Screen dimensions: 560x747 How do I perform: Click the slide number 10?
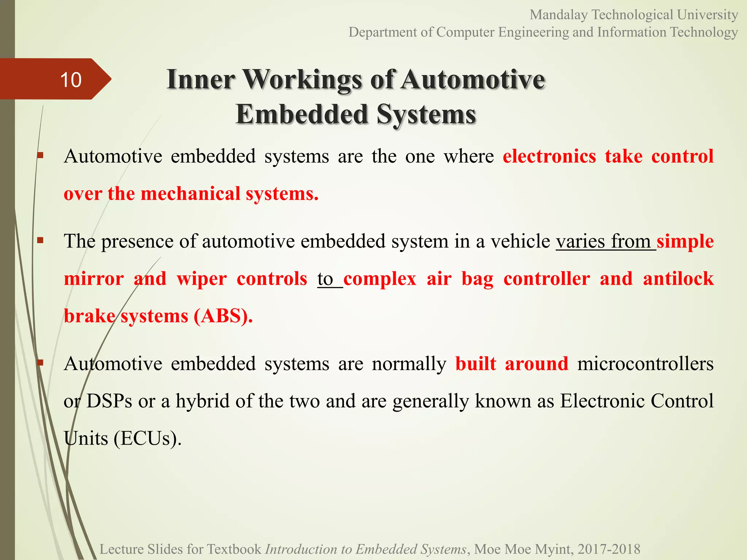coord(71,79)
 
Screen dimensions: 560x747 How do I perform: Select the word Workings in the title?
coord(302,79)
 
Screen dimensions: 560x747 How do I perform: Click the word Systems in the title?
coord(426,114)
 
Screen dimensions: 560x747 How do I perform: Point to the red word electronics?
coord(549,156)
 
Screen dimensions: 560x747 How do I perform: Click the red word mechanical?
coord(190,194)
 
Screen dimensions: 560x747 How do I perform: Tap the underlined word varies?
coord(580,241)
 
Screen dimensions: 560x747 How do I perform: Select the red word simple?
coord(685,241)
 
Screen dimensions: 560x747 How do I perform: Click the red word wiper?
coord(202,279)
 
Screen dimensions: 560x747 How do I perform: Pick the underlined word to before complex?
coord(325,279)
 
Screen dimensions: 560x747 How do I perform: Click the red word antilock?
coord(678,279)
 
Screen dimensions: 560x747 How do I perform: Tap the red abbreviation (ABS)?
coord(223,316)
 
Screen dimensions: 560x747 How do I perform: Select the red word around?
coord(537,364)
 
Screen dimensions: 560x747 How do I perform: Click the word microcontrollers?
coord(645,364)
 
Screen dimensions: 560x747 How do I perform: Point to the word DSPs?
coord(109,401)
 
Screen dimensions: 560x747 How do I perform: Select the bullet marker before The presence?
coord(40,240)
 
